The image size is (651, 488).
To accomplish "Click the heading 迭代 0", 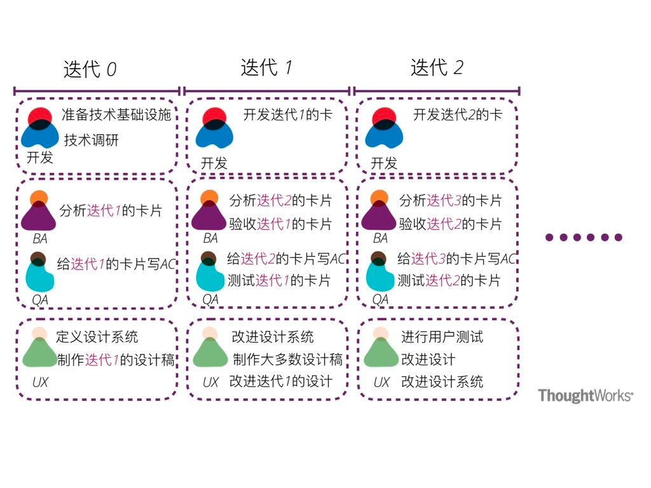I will (x=90, y=69).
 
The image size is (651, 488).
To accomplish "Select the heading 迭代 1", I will (x=266, y=67).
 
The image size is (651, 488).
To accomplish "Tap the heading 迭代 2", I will (x=437, y=67).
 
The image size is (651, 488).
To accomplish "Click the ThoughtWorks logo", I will (x=586, y=396).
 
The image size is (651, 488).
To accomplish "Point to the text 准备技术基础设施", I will (x=116, y=115).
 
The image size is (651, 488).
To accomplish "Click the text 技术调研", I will (x=92, y=140).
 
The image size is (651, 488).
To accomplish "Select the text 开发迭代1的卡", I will (x=287, y=115).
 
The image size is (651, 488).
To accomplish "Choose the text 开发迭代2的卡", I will (x=458, y=115).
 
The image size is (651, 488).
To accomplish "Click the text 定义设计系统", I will (x=97, y=337).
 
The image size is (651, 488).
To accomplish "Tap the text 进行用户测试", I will (x=442, y=337).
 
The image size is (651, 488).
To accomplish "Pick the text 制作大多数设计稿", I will (x=288, y=360).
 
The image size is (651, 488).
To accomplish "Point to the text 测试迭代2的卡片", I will (x=449, y=280).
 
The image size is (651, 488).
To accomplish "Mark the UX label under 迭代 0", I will (x=40, y=383).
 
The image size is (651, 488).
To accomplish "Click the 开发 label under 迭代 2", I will (x=384, y=163).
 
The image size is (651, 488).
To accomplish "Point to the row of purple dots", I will (x=584, y=238).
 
